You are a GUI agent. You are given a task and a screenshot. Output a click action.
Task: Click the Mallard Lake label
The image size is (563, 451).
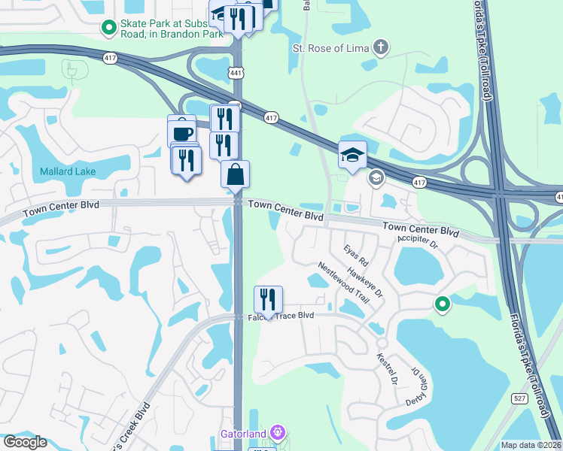pyautogui.click(x=68, y=171)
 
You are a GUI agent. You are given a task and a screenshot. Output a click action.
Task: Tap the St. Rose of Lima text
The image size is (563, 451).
pyautogui.click(x=330, y=50)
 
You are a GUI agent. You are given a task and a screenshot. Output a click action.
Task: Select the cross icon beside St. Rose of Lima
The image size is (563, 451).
pyautogui.click(x=382, y=49)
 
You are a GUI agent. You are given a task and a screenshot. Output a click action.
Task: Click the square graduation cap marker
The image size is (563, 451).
pyautogui.click(x=352, y=155)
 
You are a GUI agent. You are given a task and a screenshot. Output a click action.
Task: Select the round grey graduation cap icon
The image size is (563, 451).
pyautogui.click(x=375, y=178)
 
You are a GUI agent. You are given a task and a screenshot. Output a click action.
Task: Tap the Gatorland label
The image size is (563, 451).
pyautogui.click(x=244, y=434)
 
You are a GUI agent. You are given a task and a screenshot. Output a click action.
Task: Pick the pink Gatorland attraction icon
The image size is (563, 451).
pyautogui.click(x=278, y=433)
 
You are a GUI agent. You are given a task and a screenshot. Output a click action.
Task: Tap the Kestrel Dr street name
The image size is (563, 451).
pyautogui.click(x=387, y=368)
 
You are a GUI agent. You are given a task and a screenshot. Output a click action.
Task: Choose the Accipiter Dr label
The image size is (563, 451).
pyautogui.click(x=417, y=243)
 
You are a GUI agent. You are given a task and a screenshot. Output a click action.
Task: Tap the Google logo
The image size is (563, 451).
pyautogui.click(x=25, y=442)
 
